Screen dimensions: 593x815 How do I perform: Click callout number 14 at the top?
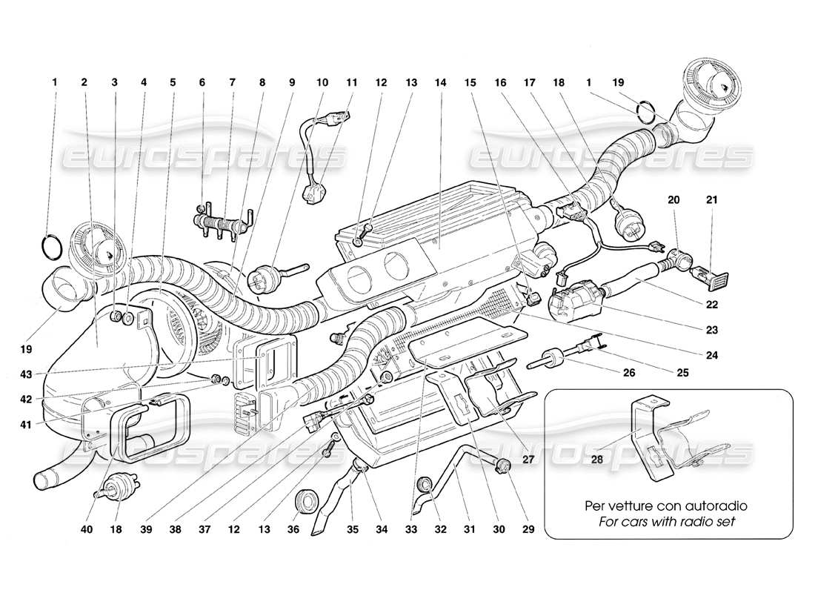click(440, 83)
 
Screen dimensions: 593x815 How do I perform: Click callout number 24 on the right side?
click(712, 355)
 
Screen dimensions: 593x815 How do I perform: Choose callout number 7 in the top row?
click(232, 83)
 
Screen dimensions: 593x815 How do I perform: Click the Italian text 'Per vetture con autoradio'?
click(666, 506)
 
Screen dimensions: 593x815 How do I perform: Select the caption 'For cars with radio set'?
click(666, 522)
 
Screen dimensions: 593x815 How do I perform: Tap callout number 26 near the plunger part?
click(629, 372)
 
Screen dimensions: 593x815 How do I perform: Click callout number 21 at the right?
click(712, 199)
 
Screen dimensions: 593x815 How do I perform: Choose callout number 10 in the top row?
click(322, 83)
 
